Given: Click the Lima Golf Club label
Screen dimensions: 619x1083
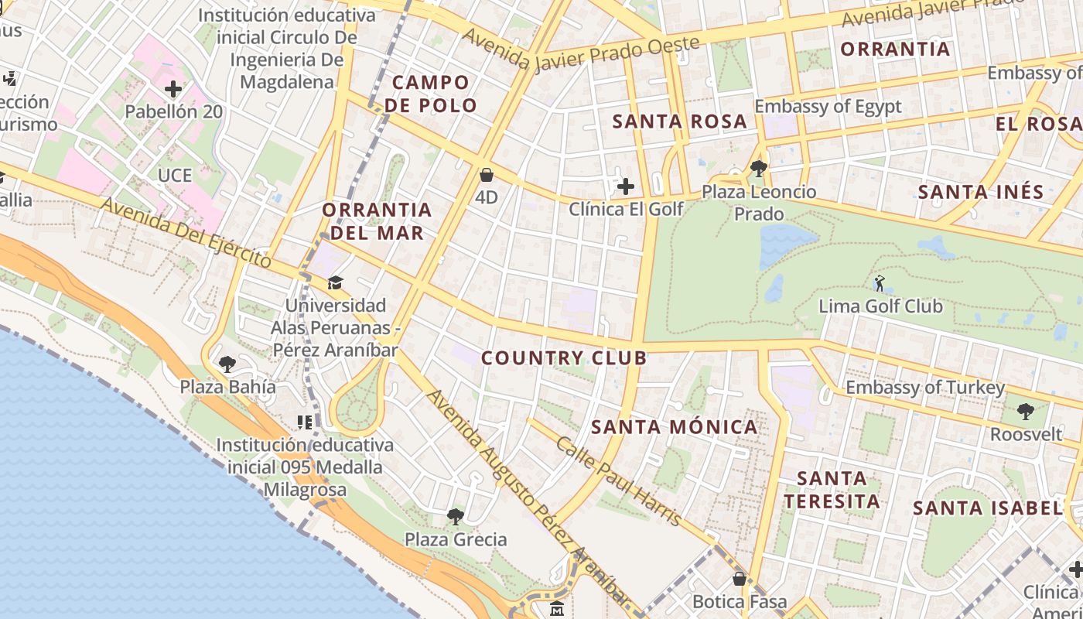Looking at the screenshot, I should click(x=880, y=306).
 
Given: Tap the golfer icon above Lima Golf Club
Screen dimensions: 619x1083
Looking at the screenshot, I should click(x=879, y=283).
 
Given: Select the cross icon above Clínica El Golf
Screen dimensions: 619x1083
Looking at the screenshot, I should click(x=625, y=186).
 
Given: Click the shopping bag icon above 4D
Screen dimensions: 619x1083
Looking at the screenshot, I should click(x=487, y=175).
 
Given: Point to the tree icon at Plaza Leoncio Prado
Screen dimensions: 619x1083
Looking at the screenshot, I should click(x=758, y=168).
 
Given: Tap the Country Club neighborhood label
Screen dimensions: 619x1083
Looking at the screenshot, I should click(x=563, y=357).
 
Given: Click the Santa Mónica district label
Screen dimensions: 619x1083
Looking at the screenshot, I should click(x=675, y=427).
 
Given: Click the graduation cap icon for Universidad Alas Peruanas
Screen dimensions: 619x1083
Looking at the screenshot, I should click(x=335, y=282).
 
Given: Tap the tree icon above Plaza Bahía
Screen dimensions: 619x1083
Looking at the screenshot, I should click(x=227, y=364).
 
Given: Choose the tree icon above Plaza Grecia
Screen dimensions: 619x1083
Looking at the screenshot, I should click(x=456, y=516).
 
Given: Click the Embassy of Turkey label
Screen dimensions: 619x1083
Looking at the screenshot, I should click(x=925, y=388).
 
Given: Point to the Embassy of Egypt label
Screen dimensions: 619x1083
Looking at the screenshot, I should click(x=828, y=107).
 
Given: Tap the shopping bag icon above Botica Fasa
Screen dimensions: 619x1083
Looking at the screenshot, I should click(x=740, y=578).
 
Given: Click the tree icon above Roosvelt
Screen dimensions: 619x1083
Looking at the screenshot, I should click(x=1026, y=412).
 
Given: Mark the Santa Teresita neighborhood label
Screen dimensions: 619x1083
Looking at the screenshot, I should click(x=832, y=490).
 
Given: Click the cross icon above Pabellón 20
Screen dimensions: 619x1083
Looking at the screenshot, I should click(x=173, y=89).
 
